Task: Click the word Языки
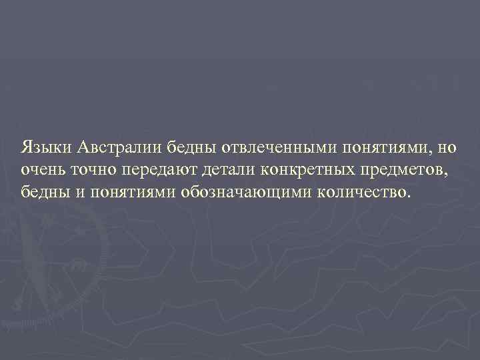pyautogui.click(x=43, y=147)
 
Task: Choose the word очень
pyautogui.click(x=42, y=170)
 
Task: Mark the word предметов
pyautogui.click(x=409, y=171)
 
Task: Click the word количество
pyautogui.click(x=355, y=193)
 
